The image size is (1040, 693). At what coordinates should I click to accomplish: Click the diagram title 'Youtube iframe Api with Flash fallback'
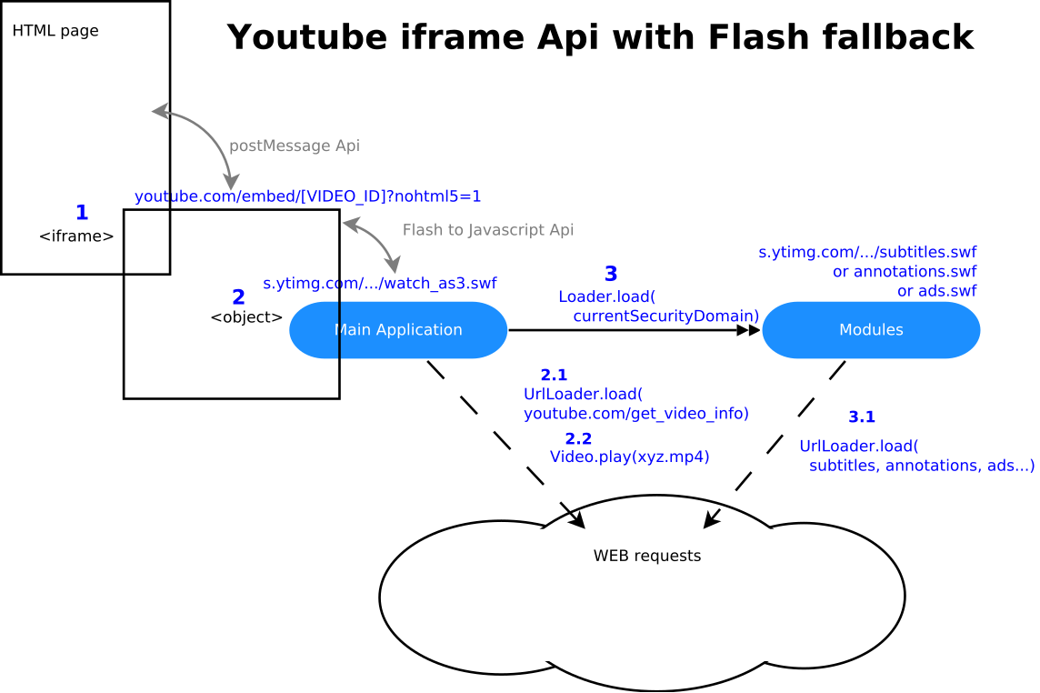point(600,38)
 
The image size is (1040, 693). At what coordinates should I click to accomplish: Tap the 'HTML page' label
point(55,31)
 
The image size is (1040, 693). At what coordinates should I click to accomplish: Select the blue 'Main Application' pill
point(398,330)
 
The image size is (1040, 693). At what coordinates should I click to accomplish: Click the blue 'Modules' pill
point(871,330)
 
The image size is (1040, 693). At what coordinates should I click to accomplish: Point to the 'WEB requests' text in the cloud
point(647,556)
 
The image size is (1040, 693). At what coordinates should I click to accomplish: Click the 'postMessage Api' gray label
point(295,146)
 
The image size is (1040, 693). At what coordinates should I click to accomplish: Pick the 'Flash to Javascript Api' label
point(488,230)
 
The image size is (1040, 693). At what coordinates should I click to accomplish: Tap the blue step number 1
point(82,213)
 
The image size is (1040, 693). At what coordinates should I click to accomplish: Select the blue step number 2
point(238,297)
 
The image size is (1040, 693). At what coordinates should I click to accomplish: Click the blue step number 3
point(611,274)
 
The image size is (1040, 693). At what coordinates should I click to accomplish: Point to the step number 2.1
point(554,375)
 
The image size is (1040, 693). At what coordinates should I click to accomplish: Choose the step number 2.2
point(578,438)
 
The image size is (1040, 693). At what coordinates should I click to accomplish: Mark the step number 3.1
point(862,417)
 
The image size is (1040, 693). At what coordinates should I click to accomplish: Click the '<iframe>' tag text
point(76,236)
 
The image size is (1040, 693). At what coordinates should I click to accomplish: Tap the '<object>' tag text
point(246,317)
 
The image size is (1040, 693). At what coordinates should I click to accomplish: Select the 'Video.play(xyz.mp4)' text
point(629,457)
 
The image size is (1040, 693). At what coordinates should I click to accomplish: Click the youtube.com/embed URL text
point(308,196)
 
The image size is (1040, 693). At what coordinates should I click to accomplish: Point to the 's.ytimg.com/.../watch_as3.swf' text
point(380,283)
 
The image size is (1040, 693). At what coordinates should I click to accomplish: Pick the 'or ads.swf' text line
point(936,291)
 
